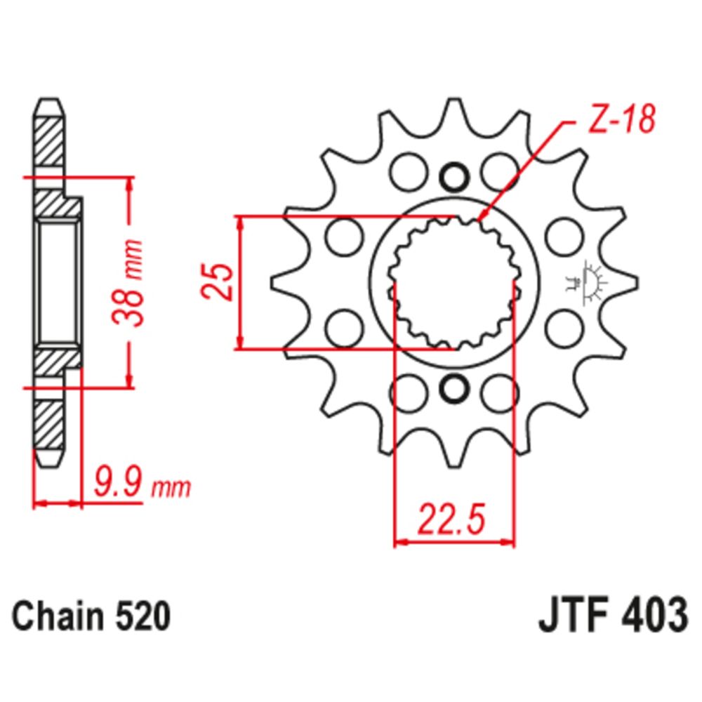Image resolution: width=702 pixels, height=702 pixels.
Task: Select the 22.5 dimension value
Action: coord(452,521)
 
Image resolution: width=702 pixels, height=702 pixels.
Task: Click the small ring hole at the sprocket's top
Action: coord(454,175)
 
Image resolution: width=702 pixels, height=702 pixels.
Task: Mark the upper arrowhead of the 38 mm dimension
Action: coord(129,185)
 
